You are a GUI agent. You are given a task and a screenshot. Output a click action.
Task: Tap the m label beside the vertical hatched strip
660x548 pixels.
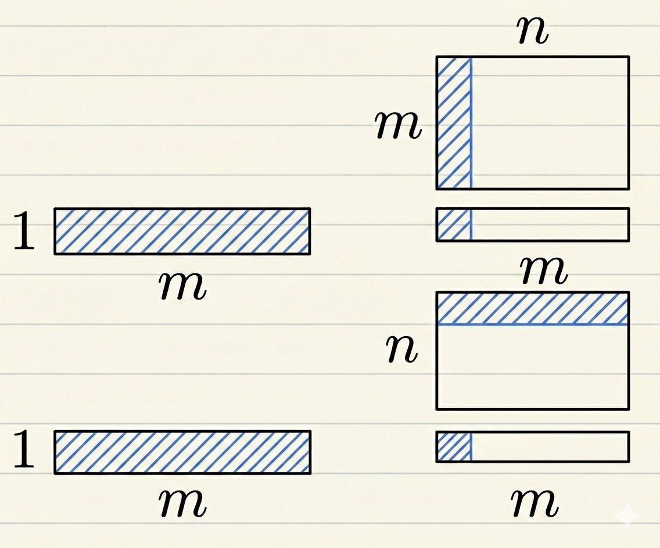[x=398, y=125]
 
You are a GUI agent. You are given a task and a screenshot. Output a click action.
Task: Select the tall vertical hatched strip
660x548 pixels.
[x=454, y=122]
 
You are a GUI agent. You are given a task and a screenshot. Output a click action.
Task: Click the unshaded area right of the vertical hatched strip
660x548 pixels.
[x=550, y=122]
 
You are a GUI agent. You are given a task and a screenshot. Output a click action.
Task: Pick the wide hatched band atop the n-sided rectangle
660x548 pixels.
[x=532, y=308]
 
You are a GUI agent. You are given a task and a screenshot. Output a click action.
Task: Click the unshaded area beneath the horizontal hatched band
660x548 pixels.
[x=532, y=367]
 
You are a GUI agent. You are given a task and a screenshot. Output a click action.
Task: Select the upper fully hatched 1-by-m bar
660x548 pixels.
[x=182, y=231]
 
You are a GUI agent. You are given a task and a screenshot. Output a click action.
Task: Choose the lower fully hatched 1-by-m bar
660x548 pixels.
[x=182, y=452]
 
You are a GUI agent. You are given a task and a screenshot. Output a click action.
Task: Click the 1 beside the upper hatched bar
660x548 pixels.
[x=24, y=233]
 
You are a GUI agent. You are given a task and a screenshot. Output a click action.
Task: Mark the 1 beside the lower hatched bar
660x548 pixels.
[x=24, y=453]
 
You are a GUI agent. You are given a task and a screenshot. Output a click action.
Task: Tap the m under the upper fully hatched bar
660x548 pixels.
[x=183, y=285]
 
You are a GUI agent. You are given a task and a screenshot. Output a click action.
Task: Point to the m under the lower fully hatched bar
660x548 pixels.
[x=183, y=503]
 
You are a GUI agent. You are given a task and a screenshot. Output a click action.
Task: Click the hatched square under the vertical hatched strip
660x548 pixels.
[x=454, y=225]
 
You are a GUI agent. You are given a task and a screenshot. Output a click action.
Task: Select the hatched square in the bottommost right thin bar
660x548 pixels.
[x=454, y=447]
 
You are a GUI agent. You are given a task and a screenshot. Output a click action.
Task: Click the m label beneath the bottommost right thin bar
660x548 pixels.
[x=535, y=502]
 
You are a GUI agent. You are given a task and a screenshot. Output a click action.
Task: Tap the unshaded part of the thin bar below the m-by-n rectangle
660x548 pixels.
[x=550, y=225]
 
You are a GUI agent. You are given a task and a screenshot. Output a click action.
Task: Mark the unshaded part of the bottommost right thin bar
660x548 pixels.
[x=550, y=447]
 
